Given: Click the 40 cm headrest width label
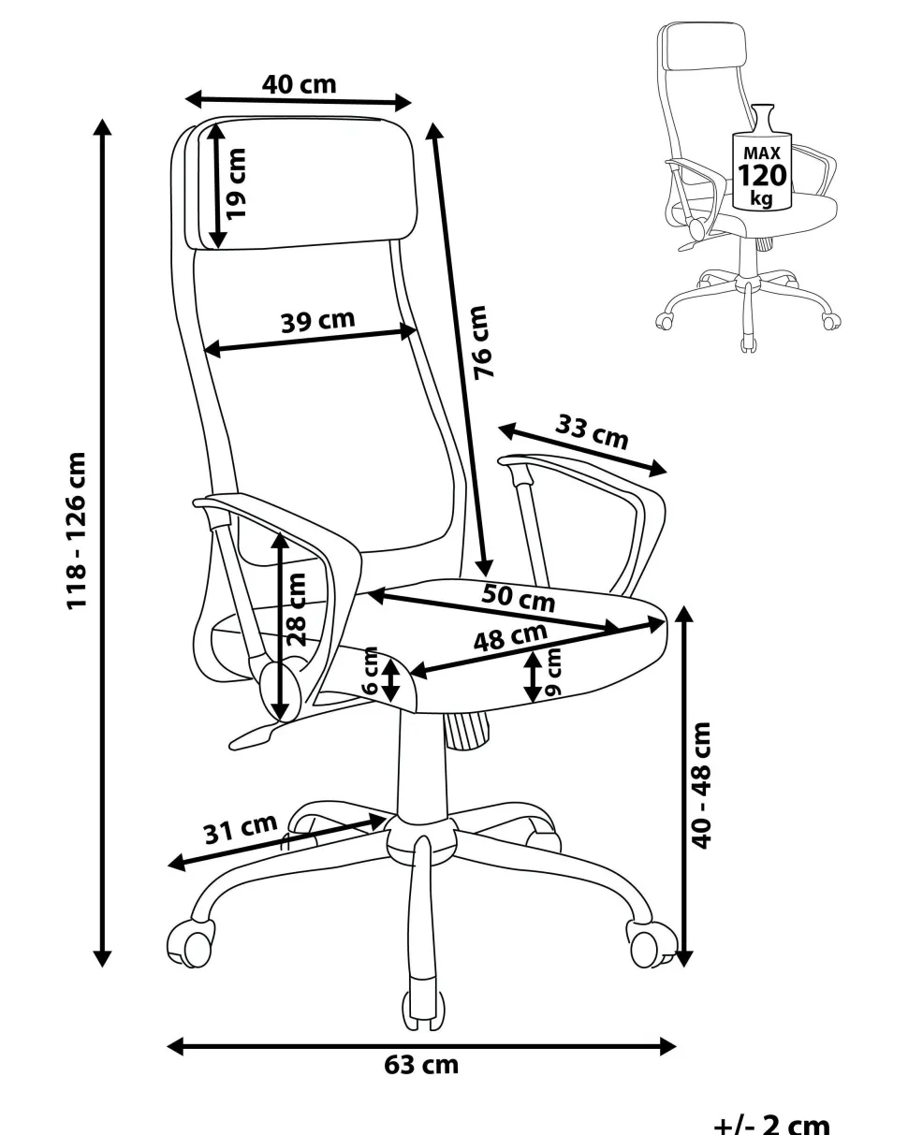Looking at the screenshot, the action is click(299, 84).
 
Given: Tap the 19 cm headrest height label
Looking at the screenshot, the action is click(235, 183).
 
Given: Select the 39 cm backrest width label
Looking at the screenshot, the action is click(317, 321).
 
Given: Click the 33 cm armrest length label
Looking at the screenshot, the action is click(592, 432).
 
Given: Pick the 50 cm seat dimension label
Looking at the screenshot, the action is click(518, 597).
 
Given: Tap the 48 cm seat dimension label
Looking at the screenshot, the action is click(510, 637).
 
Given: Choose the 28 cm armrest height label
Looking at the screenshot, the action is click(296, 610).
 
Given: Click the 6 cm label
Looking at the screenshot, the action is click(371, 670).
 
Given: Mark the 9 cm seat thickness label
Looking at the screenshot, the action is click(553, 672).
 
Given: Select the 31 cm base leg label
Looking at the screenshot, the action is click(240, 829).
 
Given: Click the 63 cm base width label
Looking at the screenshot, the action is click(421, 1065).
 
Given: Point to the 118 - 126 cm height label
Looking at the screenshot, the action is click(76, 531).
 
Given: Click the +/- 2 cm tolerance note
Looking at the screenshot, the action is click(772, 1122).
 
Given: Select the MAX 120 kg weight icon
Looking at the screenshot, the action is click(762, 156).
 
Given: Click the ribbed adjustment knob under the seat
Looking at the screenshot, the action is click(467, 730).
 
